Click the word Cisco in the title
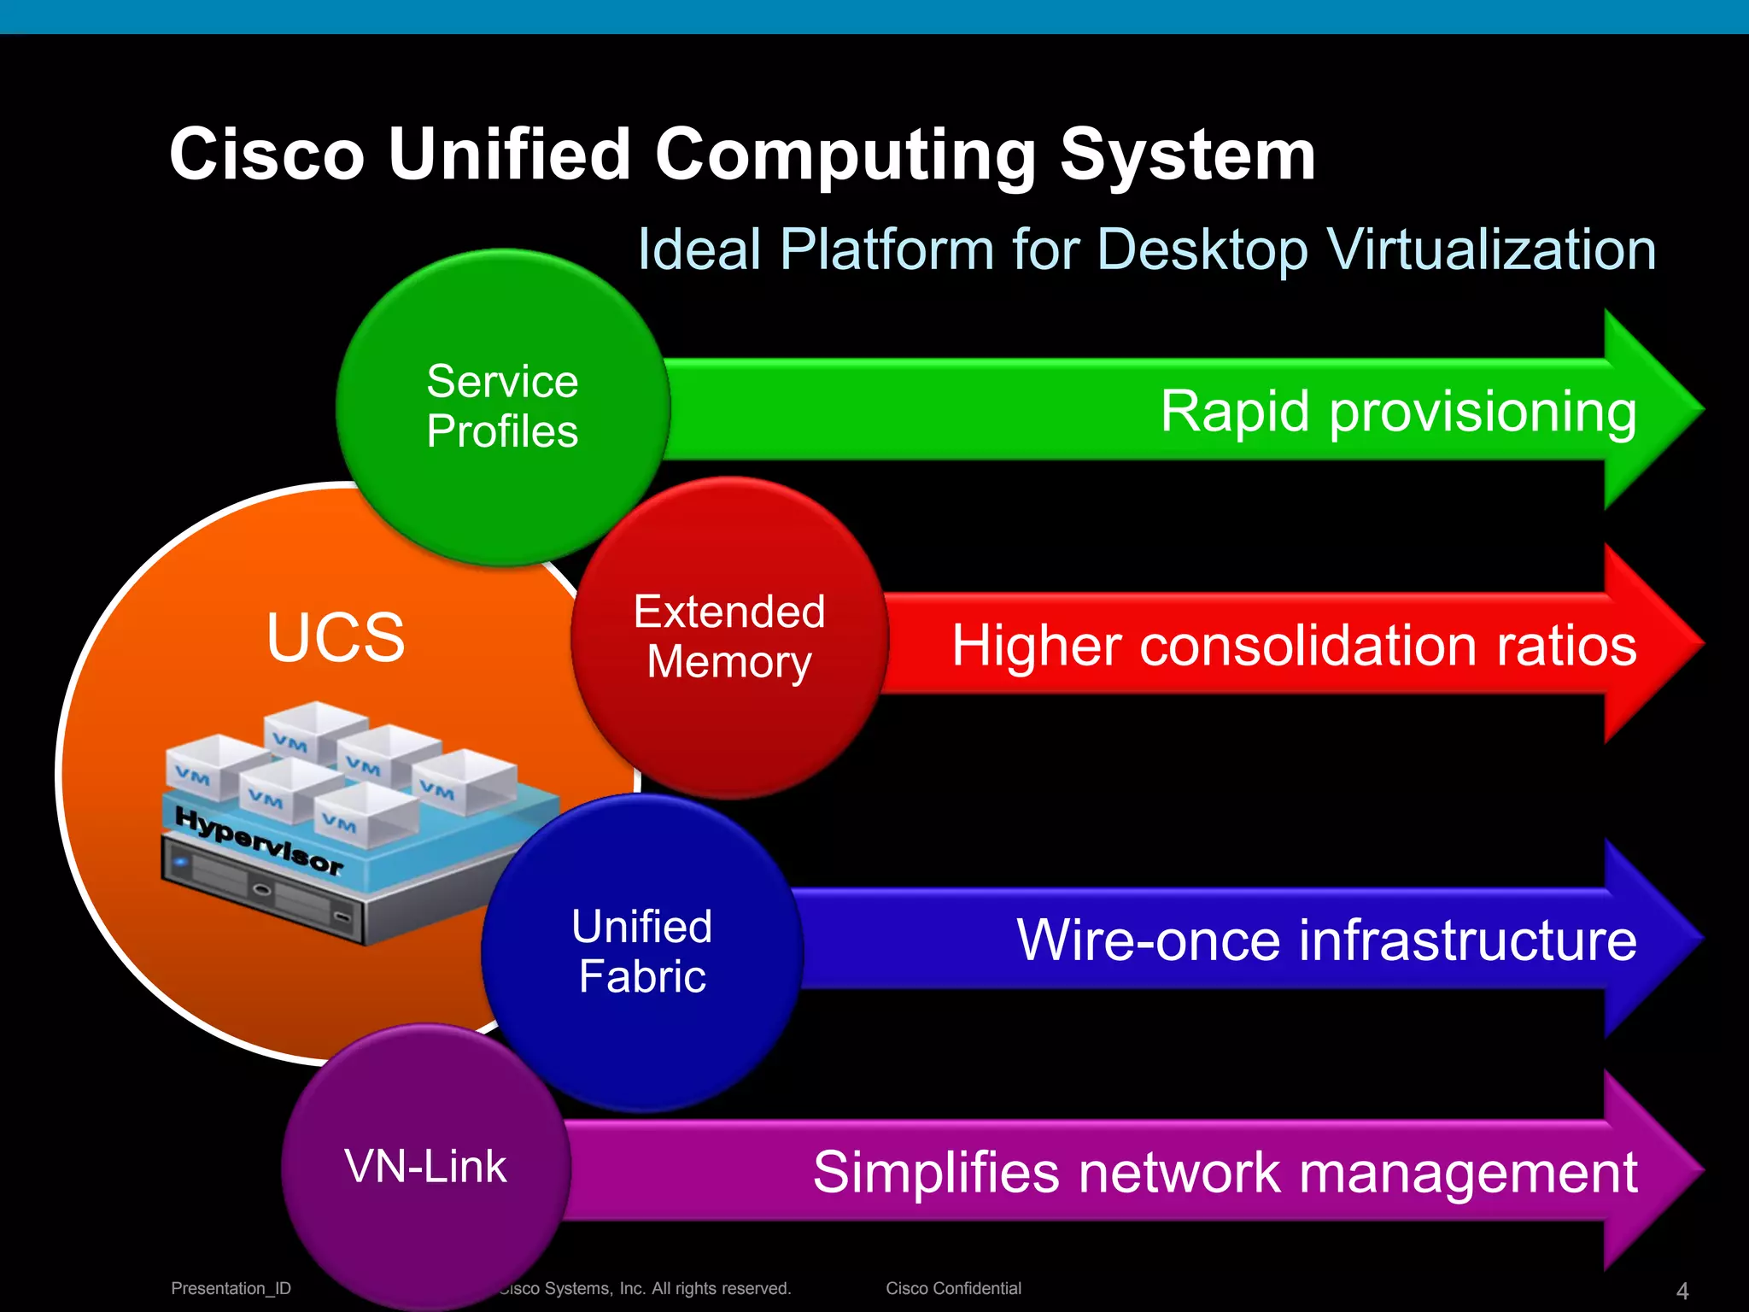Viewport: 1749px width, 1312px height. (x=267, y=155)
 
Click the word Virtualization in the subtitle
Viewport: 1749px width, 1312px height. (x=1491, y=249)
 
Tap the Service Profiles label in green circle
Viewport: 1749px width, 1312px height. (x=502, y=406)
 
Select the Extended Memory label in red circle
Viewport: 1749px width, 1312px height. (x=729, y=636)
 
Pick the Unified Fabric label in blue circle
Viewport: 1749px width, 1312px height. (x=642, y=951)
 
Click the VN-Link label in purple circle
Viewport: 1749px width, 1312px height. (x=425, y=1166)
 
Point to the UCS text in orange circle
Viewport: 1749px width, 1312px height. (x=336, y=637)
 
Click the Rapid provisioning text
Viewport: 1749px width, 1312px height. (x=1398, y=412)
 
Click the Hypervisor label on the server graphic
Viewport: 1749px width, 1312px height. (x=259, y=840)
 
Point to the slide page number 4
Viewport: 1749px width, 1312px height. (x=1682, y=1291)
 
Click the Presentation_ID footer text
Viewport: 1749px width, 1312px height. (x=231, y=1288)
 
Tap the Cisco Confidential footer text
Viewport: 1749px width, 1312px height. (x=953, y=1288)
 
